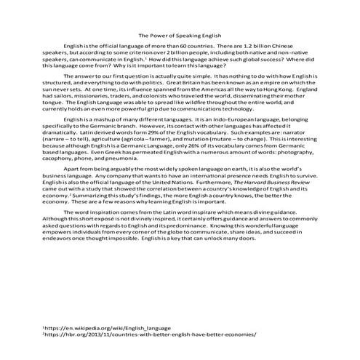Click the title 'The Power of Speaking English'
[180, 35]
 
